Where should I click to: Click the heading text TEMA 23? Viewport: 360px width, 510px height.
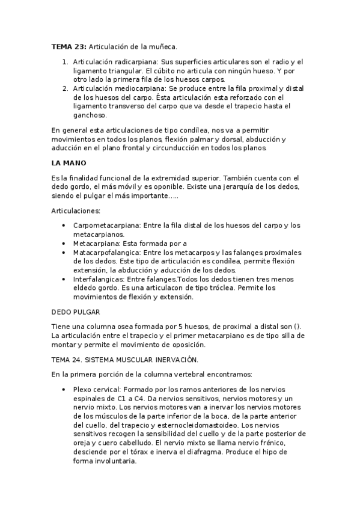69,46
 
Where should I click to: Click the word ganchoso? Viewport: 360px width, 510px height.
90,115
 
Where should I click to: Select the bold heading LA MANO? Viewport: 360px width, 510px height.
69,163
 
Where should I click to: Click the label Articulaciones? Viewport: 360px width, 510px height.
76,211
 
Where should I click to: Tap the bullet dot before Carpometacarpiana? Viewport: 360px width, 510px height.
64,226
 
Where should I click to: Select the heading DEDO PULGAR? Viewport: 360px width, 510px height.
75,312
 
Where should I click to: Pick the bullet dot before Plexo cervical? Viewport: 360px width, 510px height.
64,390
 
